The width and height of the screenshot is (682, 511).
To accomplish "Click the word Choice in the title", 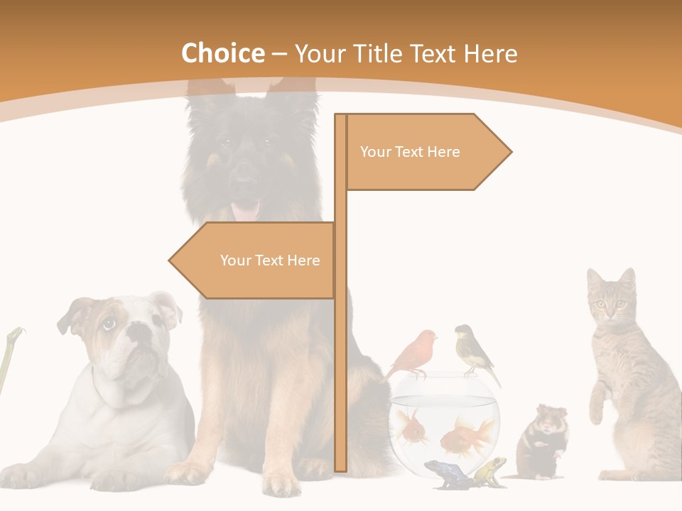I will [222, 53].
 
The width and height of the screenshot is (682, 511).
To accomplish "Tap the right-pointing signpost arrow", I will [426, 152].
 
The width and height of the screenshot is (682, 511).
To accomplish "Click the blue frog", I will [441, 473].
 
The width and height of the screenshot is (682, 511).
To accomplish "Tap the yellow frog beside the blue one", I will [490, 470].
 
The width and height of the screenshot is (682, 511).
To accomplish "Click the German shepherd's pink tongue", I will [246, 211].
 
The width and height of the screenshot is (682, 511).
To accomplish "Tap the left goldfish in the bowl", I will [413, 428].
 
